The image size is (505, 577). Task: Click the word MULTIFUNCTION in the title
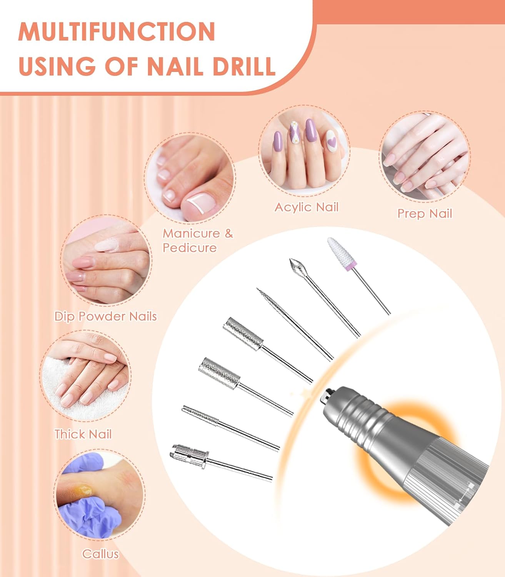point(117,32)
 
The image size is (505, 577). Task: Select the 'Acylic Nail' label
point(306,207)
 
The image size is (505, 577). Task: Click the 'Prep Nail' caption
point(425,213)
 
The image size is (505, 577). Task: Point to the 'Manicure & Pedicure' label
point(197,240)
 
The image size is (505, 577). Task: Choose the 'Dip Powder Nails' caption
point(106,316)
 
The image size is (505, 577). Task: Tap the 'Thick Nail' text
point(83,434)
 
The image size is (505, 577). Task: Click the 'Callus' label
point(100,554)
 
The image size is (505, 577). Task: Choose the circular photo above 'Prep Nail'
point(424,155)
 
